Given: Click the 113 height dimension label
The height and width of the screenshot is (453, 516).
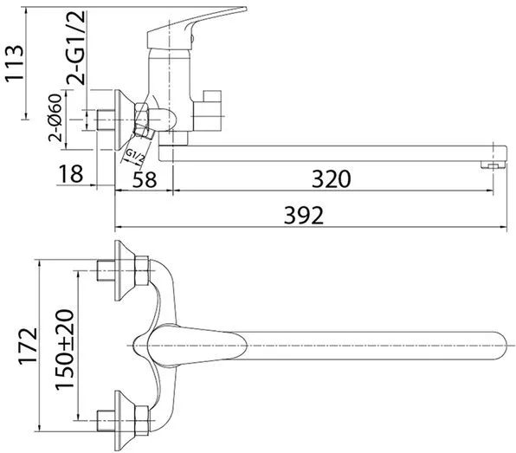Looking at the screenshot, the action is tap(15, 63).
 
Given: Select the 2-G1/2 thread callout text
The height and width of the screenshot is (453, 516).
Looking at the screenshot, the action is tap(75, 48).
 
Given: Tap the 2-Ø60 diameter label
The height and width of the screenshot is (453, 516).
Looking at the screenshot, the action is tap(55, 118).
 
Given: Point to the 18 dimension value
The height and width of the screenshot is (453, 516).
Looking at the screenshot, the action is tap(71, 174).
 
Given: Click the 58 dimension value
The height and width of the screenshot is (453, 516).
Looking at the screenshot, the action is tap(145, 179).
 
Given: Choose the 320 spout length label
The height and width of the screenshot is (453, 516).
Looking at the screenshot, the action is tap(332, 179).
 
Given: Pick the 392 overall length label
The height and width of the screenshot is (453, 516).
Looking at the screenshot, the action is tap(304, 216).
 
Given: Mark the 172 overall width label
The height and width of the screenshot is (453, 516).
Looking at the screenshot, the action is tap(29, 346).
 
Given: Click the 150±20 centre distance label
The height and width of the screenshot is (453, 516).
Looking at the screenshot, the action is tap(65, 350).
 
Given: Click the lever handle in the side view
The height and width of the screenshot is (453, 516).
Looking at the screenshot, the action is tap(197, 28).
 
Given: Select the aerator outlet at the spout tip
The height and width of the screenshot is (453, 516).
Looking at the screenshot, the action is tap(493, 165).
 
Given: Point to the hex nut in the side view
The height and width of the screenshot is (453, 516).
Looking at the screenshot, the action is tap(141, 120).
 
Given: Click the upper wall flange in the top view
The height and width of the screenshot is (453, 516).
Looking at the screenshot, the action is tap(125, 270).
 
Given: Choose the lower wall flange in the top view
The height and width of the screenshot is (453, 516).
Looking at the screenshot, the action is tap(125, 421).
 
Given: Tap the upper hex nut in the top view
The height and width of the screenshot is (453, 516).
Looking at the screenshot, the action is tap(142, 270).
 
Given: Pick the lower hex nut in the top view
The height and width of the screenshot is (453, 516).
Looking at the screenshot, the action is tap(142, 420).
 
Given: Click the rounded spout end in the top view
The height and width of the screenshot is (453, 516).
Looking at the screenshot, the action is tap(498, 346).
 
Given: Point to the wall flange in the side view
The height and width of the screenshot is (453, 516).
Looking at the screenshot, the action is tap(125, 120).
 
